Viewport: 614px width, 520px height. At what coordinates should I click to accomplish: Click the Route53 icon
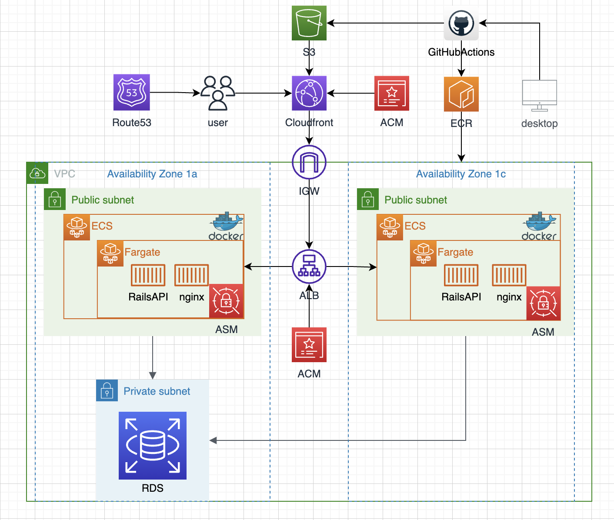click(x=131, y=92)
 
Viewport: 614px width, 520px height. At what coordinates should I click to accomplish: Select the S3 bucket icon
click(x=309, y=23)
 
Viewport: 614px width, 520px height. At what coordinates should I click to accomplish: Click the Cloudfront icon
click(x=309, y=93)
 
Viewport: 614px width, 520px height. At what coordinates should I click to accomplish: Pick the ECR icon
click(x=461, y=94)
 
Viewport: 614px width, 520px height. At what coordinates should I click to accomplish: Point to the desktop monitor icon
click(x=539, y=95)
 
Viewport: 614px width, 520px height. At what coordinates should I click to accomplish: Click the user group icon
click(x=217, y=93)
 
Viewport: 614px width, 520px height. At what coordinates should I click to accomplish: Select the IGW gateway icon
click(x=309, y=162)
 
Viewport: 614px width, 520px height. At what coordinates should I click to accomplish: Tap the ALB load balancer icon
click(x=309, y=266)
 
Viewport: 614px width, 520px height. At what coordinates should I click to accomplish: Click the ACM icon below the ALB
click(x=309, y=345)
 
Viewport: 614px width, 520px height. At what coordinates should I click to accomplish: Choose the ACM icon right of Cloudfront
click(x=391, y=93)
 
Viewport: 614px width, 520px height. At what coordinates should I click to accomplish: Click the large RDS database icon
click(x=152, y=445)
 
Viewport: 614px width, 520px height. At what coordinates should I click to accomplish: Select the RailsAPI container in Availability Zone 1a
click(x=148, y=275)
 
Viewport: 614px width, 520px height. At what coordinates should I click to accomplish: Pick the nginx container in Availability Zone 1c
click(x=509, y=275)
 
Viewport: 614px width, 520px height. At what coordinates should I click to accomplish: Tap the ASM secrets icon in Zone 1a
click(x=226, y=301)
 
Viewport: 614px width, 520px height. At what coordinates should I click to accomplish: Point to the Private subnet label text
click(x=157, y=391)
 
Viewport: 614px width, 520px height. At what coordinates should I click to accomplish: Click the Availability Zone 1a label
click(x=152, y=174)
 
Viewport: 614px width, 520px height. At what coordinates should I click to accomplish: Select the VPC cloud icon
click(x=37, y=173)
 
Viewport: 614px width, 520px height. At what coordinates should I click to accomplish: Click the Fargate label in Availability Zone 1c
click(x=455, y=252)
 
